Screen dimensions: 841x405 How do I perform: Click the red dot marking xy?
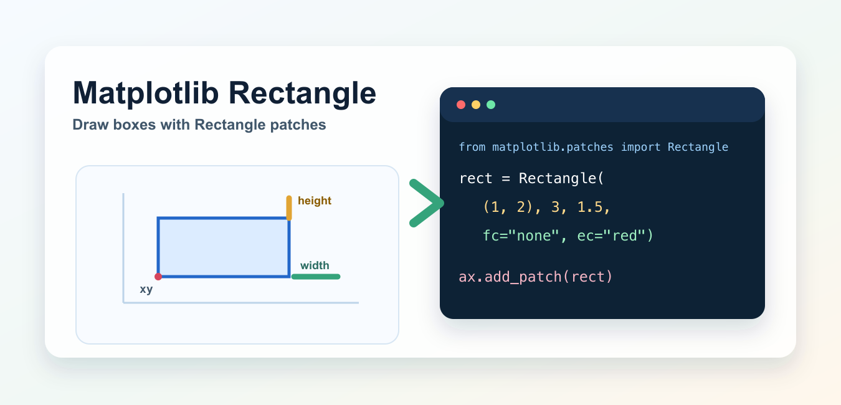pyautogui.click(x=158, y=277)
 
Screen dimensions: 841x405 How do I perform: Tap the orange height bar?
pyautogui.click(x=288, y=207)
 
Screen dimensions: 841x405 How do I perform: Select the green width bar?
pyautogui.click(x=316, y=277)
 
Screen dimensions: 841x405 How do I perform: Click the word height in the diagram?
pyautogui.click(x=315, y=201)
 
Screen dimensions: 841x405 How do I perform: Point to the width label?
pyautogui.click(x=315, y=265)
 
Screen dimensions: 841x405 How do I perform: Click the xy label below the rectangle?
pyautogui.click(x=146, y=289)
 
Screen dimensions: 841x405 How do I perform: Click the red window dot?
pyautogui.click(x=461, y=105)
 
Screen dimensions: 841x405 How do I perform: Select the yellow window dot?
pyautogui.click(x=476, y=105)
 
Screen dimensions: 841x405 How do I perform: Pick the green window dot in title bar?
pyautogui.click(x=491, y=105)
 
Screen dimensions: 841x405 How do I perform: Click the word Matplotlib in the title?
pyautogui.click(x=146, y=93)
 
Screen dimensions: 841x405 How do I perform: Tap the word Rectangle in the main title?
pyautogui.click(x=302, y=93)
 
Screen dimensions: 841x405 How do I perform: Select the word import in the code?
pyautogui.click(x=640, y=147)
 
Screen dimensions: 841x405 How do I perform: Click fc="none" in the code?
pyautogui.click(x=521, y=236)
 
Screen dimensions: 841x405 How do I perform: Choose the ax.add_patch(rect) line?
pyautogui.click(x=535, y=277)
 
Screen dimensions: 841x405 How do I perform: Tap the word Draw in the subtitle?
pyautogui.click(x=90, y=125)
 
